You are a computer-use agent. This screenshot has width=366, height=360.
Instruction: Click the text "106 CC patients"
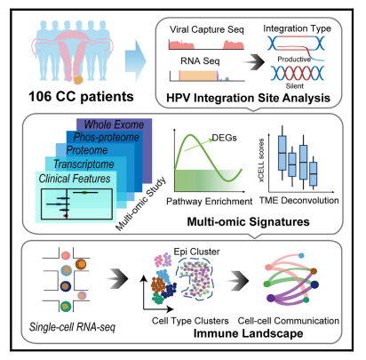pyautogui.click(x=81, y=97)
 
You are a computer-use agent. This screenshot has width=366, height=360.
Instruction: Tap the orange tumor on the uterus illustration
pyautogui.click(x=78, y=79)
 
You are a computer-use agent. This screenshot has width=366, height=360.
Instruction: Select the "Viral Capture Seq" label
pyautogui.click(x=207, y=29)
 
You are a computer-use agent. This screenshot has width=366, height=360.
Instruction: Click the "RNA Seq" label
pyautogui.click(x=200, y=61)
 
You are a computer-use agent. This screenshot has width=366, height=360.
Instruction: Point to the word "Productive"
pyautogui.click(x=294, y=60)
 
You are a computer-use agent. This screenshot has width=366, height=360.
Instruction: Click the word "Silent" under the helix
pyautogui.click(x=295, y=86)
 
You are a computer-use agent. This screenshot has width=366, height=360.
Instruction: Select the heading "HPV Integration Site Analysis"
pyautogui.click(x=248, y=98)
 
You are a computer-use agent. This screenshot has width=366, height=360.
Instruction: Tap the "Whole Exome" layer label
pyautogui.click(x=114, y=124)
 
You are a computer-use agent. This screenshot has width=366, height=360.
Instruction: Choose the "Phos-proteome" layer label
pyautogui.click(x=107, y=137)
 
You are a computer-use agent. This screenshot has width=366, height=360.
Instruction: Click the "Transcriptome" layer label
pyautogui.click(x=84, y=164)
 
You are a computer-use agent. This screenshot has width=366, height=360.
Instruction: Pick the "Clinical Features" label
pyautogui.click(x=75, y=179)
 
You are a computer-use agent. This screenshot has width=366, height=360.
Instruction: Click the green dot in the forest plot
pyautogui.click(x=84, y=193)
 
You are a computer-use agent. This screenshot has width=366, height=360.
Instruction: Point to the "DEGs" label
pyautogui.click(x=225, y=138)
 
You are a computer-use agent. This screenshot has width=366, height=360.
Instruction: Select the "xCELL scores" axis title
pyautogui.click(x=261, y=160)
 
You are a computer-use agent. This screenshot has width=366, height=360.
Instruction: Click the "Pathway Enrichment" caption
pyautogui.click(x=210, y=202)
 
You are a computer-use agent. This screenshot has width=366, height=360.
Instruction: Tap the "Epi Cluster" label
pyautogui.click(x=196, y=252)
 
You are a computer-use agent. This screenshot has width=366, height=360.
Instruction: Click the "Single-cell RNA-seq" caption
pyautogui.click(x=72, y=327)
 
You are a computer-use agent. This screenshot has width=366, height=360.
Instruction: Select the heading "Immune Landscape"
pyautogui.click(x=248, y=333)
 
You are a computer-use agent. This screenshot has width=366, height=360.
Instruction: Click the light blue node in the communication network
pyautogui.click(x=301, y=255)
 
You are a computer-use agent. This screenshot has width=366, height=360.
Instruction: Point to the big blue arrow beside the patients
pyautogui.click(x=135, y=60)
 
